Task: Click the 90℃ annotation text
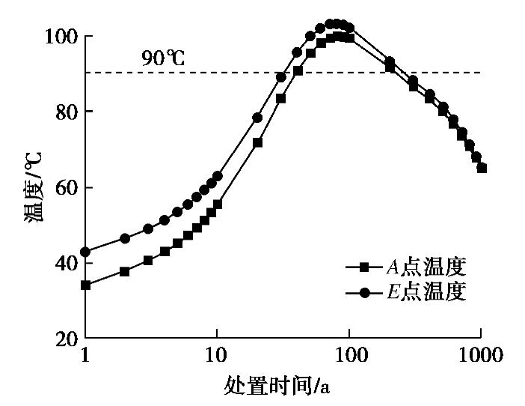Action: [162, 58]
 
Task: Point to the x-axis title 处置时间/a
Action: [277, 386]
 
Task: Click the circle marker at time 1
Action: [85, 252]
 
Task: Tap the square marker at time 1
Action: [85, 285]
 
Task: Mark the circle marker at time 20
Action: [257, 118]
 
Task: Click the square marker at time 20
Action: [257, 142]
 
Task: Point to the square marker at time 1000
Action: [482, 169]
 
